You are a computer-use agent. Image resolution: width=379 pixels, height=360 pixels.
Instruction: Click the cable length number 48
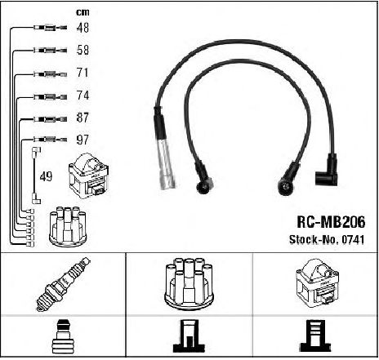82,28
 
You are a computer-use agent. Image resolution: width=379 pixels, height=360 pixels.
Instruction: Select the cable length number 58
82,50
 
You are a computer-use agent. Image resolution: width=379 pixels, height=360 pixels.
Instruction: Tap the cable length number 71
82,73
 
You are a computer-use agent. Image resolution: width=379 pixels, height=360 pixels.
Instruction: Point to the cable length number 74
82,96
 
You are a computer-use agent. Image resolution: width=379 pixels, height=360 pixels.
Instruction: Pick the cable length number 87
82,118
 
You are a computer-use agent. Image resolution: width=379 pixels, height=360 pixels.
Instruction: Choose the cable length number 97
82,140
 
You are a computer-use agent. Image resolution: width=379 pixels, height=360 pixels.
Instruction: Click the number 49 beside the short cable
46,176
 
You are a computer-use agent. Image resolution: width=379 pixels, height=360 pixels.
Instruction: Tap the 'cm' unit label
82,12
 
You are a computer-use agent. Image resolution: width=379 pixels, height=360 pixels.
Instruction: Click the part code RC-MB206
331,222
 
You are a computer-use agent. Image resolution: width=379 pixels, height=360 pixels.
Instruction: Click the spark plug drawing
64,284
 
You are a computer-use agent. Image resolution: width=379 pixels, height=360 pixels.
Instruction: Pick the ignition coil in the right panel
317,283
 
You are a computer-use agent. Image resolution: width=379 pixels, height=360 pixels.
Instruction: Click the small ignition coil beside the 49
89,176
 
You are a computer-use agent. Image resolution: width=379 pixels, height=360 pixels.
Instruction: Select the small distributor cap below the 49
68,227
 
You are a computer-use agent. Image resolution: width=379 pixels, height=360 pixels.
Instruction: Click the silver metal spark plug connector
165,165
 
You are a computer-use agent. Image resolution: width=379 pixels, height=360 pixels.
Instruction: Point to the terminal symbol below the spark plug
63,336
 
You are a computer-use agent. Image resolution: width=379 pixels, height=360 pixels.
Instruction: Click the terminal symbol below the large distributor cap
189,336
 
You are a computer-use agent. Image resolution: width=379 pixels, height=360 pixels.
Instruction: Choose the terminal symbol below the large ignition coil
315,336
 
